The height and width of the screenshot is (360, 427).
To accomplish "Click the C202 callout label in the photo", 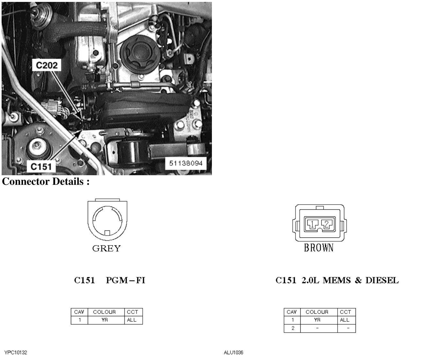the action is click(x=47, y=65).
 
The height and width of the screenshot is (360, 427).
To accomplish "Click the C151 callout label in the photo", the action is click(x=41, y=167).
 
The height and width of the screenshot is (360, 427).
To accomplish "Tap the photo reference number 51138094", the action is click(x=186, y=163).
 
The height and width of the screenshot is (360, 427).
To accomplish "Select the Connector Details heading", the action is click(x=46, y=181).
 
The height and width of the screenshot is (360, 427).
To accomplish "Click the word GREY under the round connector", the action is click(x=106, y=249).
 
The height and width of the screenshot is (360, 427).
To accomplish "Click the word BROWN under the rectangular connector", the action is click(x=318, y=248).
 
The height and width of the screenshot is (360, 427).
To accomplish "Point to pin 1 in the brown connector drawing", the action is click(x=312, y=224).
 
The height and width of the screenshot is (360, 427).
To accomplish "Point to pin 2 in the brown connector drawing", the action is click(x=326, y=224).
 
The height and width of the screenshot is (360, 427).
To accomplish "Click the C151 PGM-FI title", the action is click(x=109, y=280).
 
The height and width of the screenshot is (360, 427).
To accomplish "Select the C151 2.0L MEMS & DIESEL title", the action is click(x=337, y=280).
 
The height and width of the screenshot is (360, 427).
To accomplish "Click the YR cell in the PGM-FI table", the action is click(x=105, y=320).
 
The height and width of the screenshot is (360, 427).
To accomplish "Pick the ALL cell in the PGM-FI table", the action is click(x=132, y=320).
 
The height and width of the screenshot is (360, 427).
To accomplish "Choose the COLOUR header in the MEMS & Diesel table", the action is click(x=317, y=312).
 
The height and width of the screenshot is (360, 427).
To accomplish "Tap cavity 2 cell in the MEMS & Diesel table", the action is click(x=293, y=328).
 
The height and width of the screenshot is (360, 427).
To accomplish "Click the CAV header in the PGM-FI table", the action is click(x=79, y=312).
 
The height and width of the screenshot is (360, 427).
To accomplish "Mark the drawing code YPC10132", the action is click(x=16, y=352).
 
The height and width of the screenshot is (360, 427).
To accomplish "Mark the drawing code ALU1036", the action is click(x=234, y=352).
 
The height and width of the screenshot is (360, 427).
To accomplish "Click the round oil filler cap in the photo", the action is click(x=140, y=54).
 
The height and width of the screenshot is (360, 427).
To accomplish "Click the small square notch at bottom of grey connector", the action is click(x=107, y=233).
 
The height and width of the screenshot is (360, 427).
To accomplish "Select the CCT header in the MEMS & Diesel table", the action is click(x=345, y=312).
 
